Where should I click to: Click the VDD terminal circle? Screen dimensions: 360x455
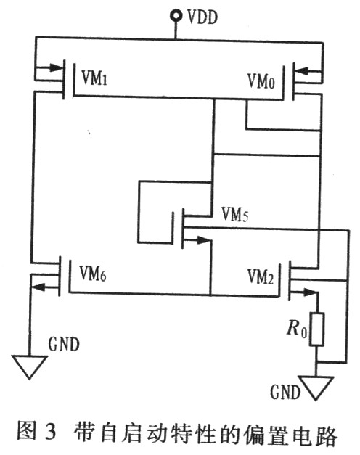176,16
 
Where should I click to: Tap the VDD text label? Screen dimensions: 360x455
202,17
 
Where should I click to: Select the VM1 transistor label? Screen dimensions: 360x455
94,78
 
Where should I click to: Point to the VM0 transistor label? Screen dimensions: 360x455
261,81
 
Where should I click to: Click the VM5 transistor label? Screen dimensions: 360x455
235,215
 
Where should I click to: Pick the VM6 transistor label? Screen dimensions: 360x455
93,274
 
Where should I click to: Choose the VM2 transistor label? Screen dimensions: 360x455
261,276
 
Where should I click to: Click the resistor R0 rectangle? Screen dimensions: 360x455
316,329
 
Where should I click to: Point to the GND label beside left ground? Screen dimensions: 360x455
64,344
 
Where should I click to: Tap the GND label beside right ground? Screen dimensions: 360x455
285,392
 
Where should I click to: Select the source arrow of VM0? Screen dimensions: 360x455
308,70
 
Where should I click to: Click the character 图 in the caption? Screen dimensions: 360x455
25,431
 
